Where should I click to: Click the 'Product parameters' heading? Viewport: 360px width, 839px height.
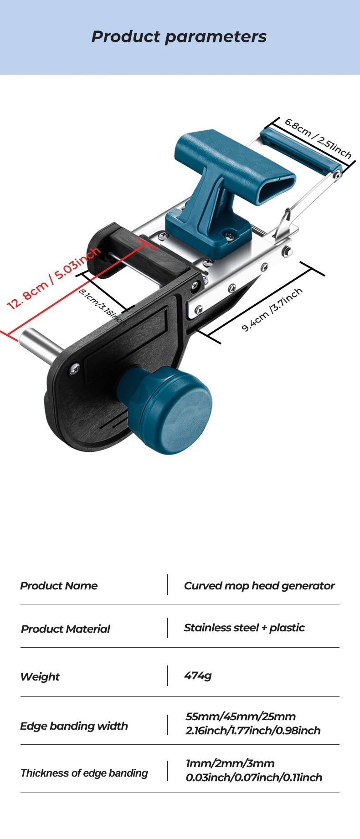coord(179,37)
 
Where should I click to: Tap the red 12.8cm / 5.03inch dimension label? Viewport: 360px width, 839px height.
coord(54,278)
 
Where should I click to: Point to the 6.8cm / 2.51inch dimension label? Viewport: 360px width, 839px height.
coord(318,138)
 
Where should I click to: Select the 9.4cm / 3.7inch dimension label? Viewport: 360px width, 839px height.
coord(272,309)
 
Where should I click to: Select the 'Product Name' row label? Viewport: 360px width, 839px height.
coord(59,586)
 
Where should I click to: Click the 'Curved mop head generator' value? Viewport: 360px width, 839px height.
coord(259,586)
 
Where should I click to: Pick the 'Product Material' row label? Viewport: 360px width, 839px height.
coord(66,629)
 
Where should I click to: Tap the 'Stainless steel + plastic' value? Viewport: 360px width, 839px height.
coord(244,628)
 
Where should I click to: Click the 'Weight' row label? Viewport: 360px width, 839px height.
coord(40,677)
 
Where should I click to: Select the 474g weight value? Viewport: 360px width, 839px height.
coord(198,675)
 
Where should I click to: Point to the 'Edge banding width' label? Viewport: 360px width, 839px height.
coord(74,726)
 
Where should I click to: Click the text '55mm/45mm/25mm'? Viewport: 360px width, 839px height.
coord(241,716)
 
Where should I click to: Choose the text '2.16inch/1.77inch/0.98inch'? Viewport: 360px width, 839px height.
coord(253,731)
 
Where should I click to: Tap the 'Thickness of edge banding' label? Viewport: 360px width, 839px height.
coord(84,773)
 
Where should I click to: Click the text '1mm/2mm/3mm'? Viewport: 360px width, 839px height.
coord(230,763)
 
